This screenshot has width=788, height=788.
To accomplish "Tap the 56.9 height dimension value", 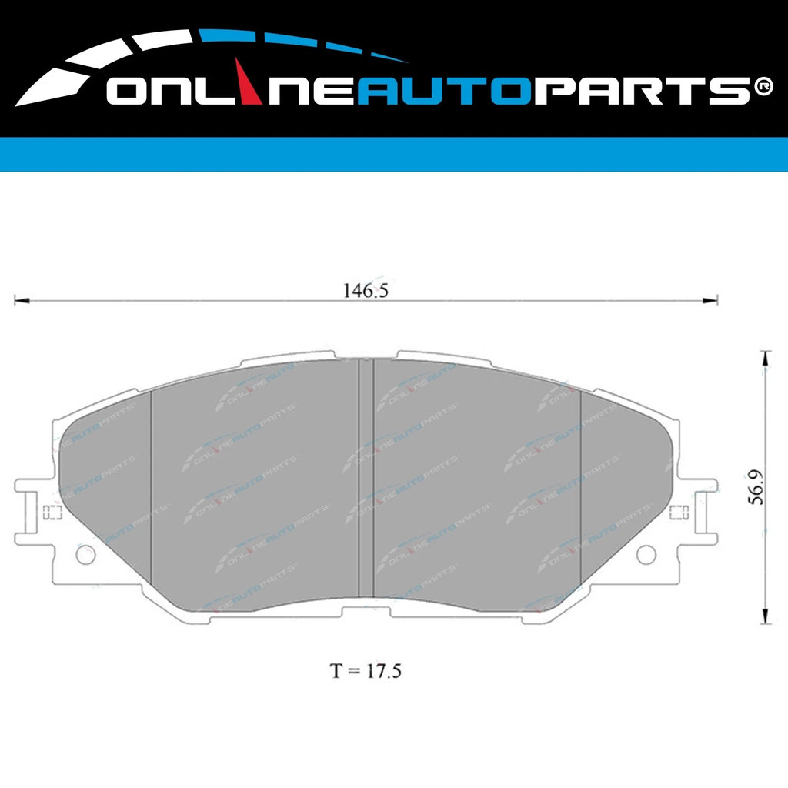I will pyautogui.click(x=758, y=488).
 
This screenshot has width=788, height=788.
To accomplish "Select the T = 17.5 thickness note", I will pyautogui.click(x=366, y=670).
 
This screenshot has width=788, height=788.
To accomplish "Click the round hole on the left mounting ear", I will pyautogui.click(x=85, y=553).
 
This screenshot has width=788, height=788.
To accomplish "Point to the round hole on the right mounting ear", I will pyautogui.click(x=647, y=553).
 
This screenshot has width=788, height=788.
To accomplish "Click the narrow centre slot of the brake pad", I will pyautogui.click(x=366, y=477).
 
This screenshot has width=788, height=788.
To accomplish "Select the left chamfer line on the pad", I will pyautogui.click(x=151, y=485).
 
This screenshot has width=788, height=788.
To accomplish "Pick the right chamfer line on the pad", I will pyautogui.click(x=581, y=485).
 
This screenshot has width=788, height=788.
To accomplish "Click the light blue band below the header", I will pyautogui.click(x=394, y=154).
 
